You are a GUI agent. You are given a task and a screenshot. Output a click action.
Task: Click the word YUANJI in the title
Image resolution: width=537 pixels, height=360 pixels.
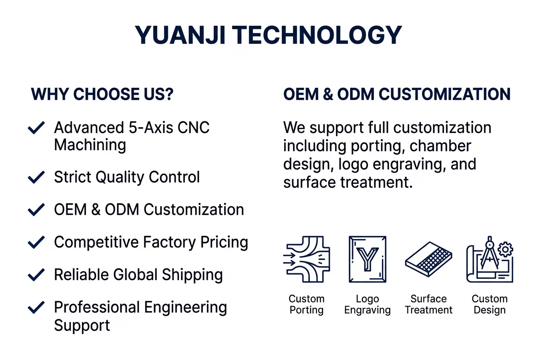click(180, 35)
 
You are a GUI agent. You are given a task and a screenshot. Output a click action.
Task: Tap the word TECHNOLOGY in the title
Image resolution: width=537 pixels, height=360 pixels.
click(317, 35)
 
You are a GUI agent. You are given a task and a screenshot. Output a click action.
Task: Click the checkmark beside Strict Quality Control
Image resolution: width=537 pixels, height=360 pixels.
click(36, 177)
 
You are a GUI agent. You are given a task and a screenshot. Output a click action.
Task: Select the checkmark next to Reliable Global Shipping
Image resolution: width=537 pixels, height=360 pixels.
click(36, 275)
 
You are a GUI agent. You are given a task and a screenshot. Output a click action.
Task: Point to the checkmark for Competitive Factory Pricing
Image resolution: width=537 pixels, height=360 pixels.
click(36, 242)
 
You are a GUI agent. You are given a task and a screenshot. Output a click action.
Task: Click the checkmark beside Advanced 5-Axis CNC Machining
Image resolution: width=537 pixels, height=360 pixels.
click(36, 128)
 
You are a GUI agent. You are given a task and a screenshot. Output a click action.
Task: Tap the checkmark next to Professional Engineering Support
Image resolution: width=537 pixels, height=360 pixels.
click(36, 307)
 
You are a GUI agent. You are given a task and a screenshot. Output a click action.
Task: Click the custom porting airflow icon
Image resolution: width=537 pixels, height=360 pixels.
click(307, 259)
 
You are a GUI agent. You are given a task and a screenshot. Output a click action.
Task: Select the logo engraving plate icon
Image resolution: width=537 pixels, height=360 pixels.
click(367, 259)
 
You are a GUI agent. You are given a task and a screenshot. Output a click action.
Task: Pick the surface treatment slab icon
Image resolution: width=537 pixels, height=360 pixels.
click(428, 259)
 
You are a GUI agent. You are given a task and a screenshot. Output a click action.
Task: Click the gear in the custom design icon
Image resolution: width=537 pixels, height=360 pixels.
click(506, 250)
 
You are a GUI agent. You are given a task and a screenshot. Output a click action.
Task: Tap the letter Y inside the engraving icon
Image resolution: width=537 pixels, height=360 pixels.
click(367, 259)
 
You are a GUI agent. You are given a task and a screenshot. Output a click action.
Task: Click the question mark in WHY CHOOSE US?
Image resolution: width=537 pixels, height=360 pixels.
click(169, 94)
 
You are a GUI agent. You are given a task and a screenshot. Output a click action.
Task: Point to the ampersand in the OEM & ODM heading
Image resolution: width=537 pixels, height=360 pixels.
click(328, 94)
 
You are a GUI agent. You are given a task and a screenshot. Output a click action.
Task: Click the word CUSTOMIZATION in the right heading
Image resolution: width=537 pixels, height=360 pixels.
click(444, 94)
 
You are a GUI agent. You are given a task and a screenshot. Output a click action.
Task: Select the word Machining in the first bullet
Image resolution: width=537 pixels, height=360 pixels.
click(90, 145)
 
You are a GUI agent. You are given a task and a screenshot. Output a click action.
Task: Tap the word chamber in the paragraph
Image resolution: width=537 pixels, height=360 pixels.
click(440, 146)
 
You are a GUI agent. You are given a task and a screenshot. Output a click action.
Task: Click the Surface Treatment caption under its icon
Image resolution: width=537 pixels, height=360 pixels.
click(429, 304)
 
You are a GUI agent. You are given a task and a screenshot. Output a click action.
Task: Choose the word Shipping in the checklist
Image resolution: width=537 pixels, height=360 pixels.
click(192, 275)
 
